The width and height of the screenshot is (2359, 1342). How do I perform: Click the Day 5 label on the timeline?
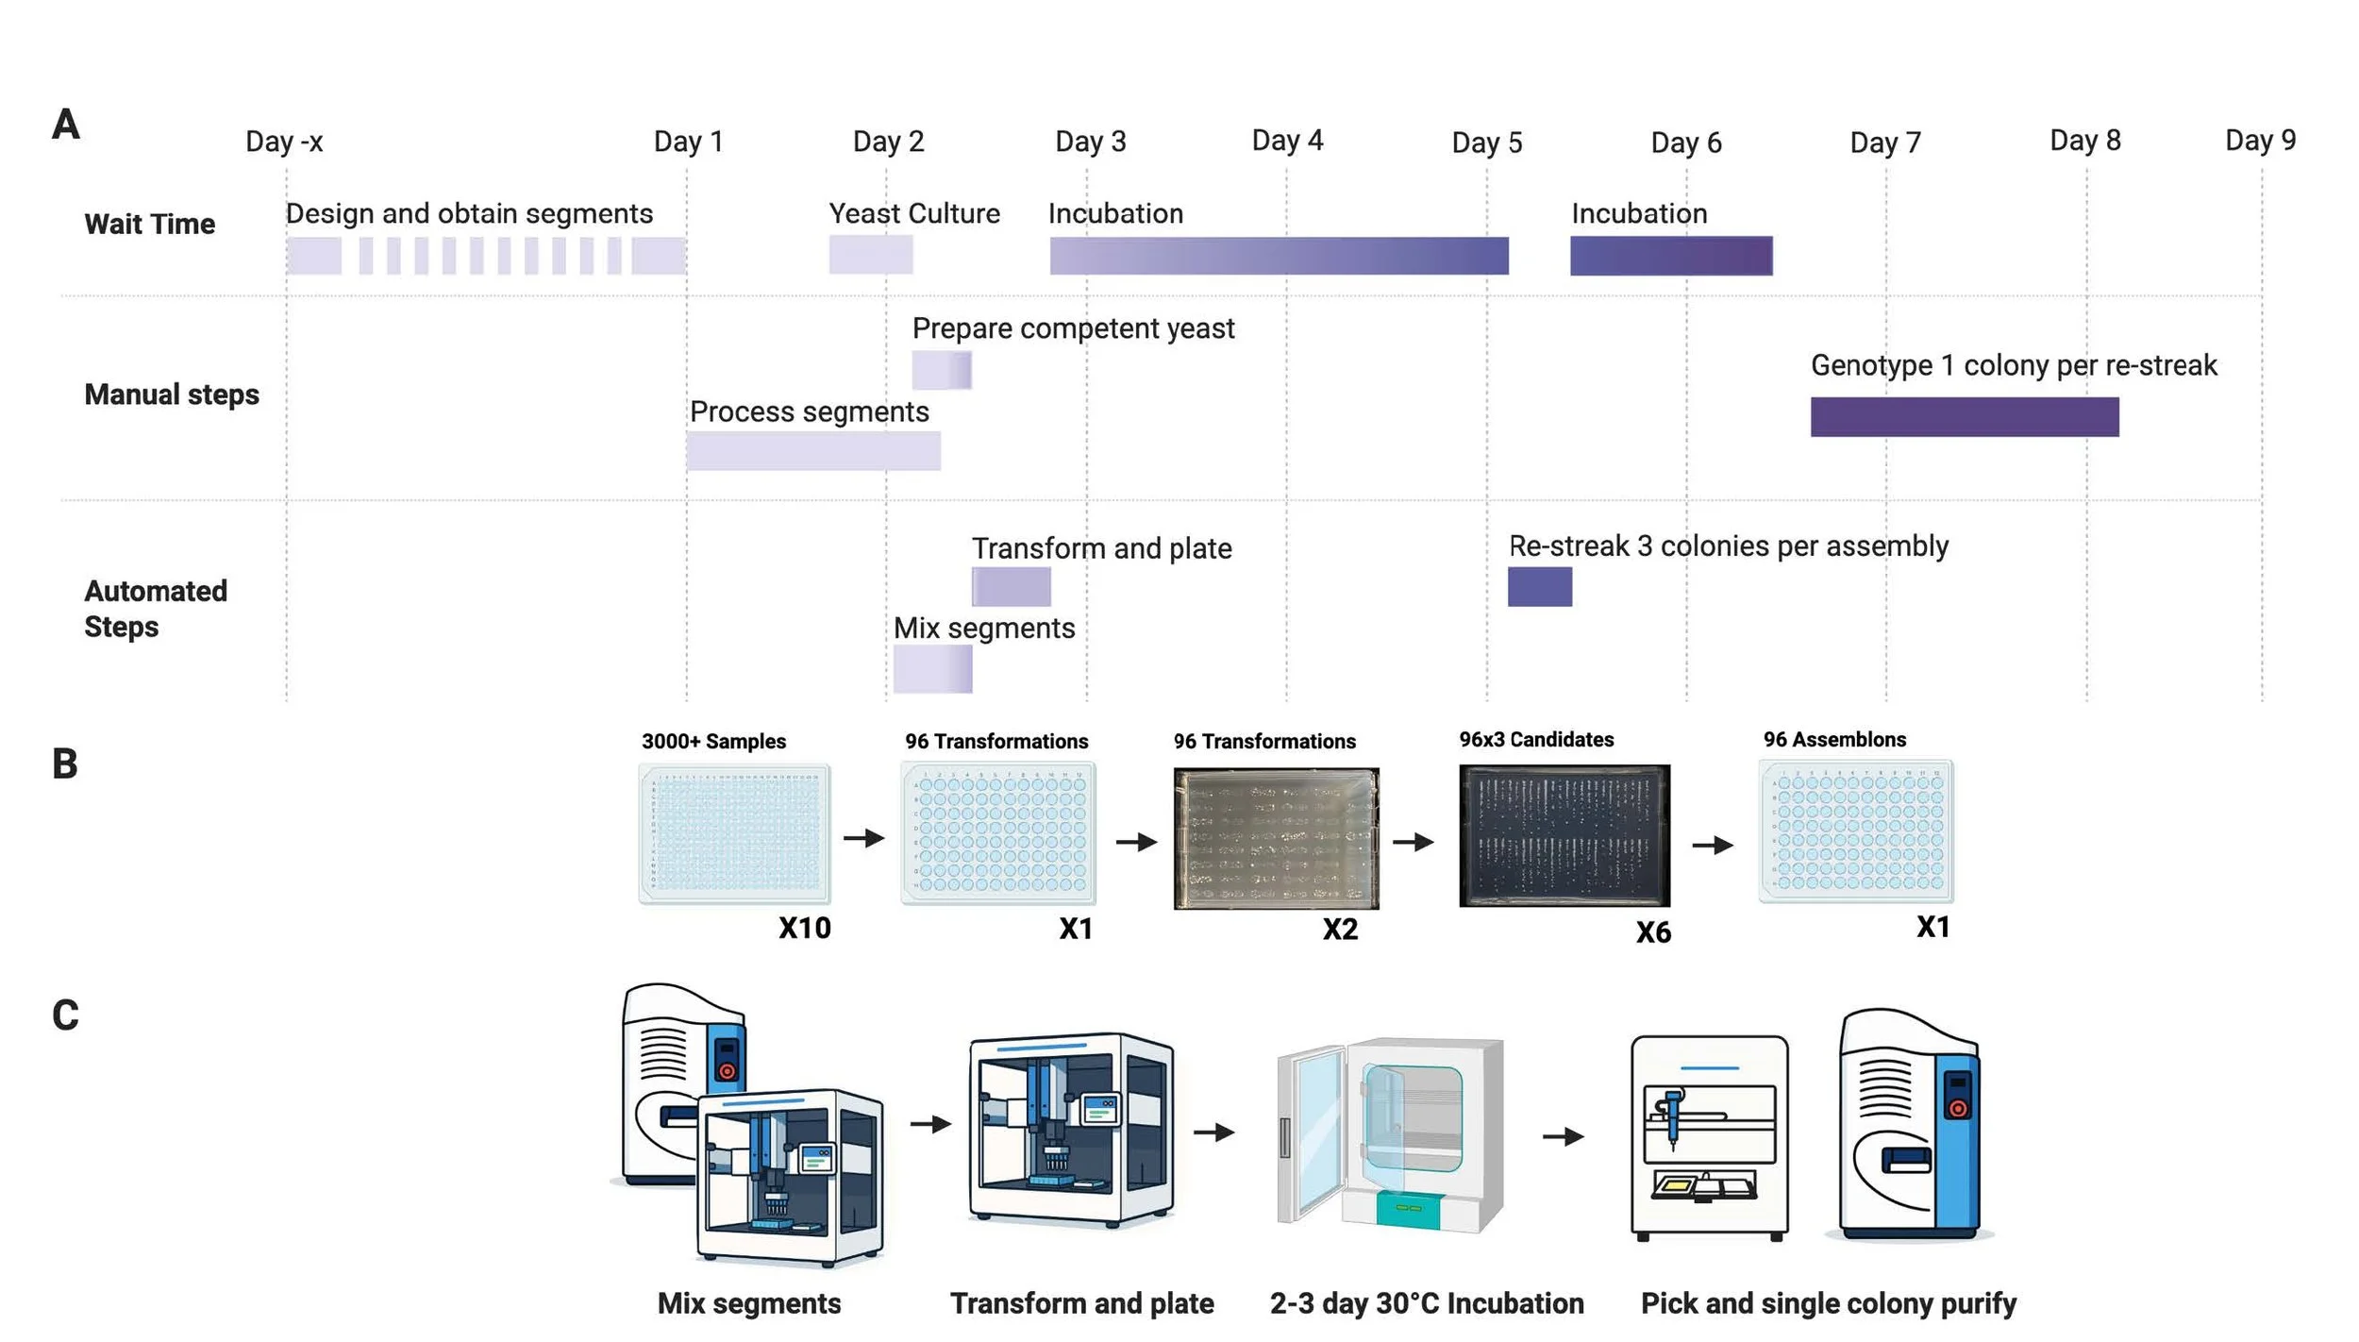tap(1486, 143)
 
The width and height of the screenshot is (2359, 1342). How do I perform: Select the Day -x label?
tap(284, 142)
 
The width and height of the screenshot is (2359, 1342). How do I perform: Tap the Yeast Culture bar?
tap(870, 255)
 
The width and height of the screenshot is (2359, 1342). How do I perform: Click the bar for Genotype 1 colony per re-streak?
tap(1964, 416)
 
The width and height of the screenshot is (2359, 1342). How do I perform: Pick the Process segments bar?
tap(812, 451)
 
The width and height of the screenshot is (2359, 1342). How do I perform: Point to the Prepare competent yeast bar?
tap(941, 370)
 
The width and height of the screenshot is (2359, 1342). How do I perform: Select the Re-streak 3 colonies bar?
tap(1539, 586)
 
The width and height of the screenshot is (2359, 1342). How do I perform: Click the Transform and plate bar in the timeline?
tap(1011, 586)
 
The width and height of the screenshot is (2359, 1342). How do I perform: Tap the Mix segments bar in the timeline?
tap(932, 669)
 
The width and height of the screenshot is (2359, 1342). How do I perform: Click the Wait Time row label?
tap(149, 224)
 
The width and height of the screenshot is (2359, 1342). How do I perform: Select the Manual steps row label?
tap(171, 394)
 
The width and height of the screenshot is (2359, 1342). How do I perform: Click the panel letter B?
tap(64, 763)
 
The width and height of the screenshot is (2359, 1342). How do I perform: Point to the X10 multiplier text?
tap(804, 928)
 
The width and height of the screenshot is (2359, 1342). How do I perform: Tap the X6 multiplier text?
tap(1653, 932)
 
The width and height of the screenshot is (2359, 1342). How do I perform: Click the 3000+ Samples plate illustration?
tap(734, 833)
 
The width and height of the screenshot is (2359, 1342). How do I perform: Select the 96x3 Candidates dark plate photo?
tap(1564, 835)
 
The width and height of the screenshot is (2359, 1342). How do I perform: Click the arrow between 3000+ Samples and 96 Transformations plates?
tap(863, 837)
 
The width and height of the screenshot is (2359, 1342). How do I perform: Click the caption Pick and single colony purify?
tap(1828, 1303)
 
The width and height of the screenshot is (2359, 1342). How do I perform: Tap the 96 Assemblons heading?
tap(1834, 740)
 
